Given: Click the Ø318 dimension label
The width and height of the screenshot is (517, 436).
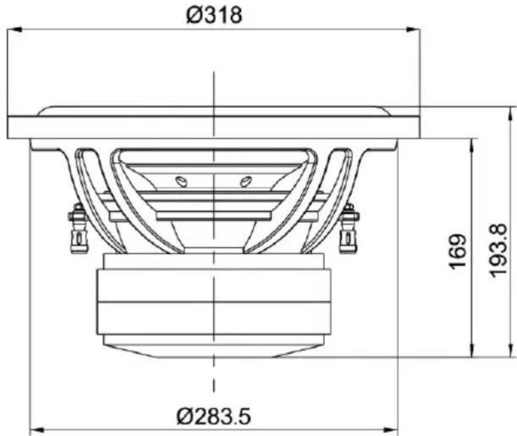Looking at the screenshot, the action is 214,15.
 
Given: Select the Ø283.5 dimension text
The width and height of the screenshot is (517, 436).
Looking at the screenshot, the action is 214,416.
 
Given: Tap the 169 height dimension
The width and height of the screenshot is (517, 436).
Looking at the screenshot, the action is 459,251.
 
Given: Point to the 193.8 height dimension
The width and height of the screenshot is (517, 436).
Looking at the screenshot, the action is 498,251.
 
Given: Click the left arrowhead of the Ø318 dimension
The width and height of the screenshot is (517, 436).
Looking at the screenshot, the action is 14,30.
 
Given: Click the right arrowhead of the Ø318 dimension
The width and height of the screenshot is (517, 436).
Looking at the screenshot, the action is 413,30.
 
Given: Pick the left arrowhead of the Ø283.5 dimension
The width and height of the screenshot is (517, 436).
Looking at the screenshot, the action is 37,430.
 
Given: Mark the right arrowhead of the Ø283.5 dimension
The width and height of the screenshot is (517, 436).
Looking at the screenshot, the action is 391,430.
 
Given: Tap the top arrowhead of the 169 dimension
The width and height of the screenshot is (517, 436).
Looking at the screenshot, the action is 473,145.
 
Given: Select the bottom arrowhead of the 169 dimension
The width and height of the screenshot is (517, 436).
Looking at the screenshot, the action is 473,350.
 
